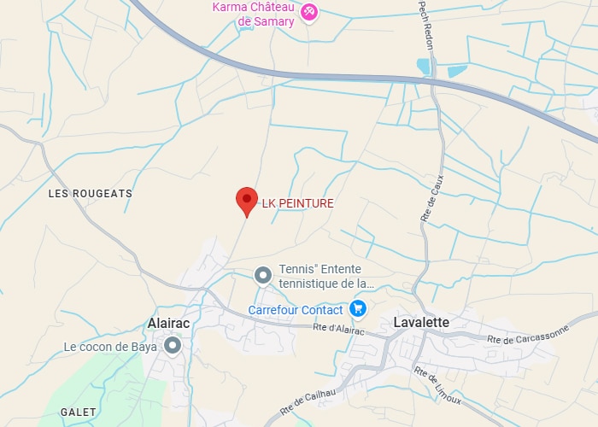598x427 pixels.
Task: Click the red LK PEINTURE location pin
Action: [x=247, y=201]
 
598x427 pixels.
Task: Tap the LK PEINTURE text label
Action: [x=297, y=203]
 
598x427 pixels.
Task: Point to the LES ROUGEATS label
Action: [x=91, y=194]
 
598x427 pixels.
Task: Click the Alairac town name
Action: [x=168, y=324]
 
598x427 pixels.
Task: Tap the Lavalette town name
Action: [x=421, y=323]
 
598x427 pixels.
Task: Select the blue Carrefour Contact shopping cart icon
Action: [x=358, y=309]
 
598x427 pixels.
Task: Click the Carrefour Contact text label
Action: [x=296, y=310]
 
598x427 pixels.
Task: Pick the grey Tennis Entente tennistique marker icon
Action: [x=263, y=275]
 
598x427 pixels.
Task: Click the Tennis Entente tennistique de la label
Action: [x=327, y=276]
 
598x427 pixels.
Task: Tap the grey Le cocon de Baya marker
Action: [x=173, y=346]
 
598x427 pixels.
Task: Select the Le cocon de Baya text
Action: [x=108, y=347]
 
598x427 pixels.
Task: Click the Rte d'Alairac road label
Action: [x=338, y=329]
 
